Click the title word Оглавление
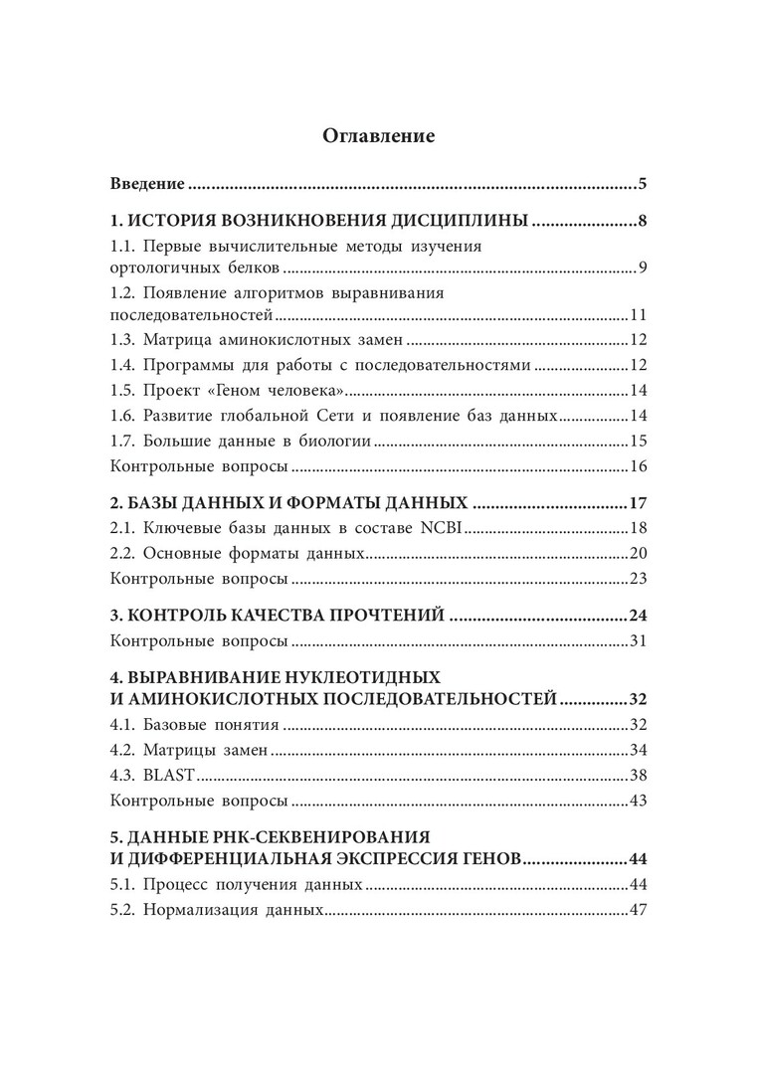click(379, 136)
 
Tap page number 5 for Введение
click(644, 184)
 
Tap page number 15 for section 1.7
click(639, 441)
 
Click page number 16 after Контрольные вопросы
click(639, 466)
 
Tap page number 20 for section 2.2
click(639, 553)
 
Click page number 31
click(639, 640)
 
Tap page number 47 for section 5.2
click(639, 910)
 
